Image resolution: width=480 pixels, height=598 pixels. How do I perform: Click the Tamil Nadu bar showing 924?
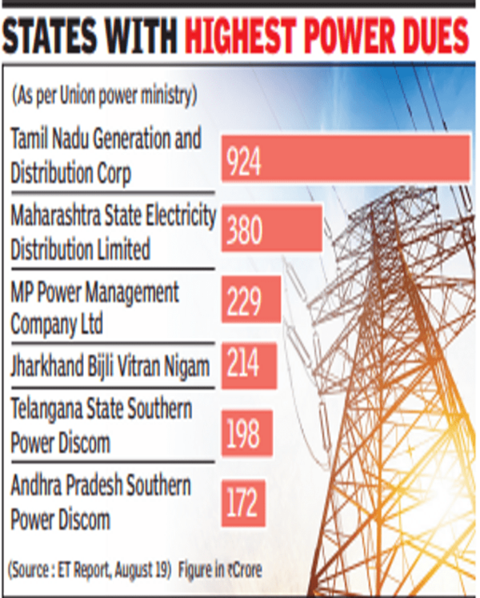346,159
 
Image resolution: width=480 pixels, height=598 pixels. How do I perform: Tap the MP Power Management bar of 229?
250,299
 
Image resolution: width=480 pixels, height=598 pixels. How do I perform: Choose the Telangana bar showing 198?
246,433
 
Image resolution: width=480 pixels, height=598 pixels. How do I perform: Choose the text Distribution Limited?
80,249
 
